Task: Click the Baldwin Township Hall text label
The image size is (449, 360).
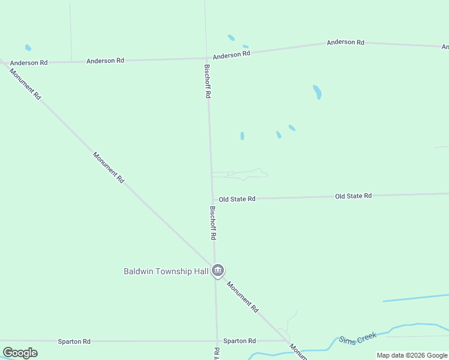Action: tap(166, 271)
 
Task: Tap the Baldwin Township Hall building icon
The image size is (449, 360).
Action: tap(218, 271)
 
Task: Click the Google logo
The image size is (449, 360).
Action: tap(20, 353)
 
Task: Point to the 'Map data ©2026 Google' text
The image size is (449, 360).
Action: tap(412, 355)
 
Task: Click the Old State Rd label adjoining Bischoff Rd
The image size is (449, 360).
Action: tap(237, 199)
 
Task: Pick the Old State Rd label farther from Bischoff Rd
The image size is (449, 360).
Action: tap(353, 196)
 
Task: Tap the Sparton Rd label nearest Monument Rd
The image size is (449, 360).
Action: tap(240, 341)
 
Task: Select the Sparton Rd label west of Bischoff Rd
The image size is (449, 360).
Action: tap(74, 341)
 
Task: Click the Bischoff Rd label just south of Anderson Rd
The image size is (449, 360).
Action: tap(207, 82)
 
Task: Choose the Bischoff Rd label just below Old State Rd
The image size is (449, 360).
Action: tap(212, 223)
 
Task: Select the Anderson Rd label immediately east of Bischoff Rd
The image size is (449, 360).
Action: tap(231, 55)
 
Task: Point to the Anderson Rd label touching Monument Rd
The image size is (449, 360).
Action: tap(28, 62)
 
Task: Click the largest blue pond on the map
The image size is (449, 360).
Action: tap(317, 92)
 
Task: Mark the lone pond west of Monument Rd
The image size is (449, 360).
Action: tap(28, 47)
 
